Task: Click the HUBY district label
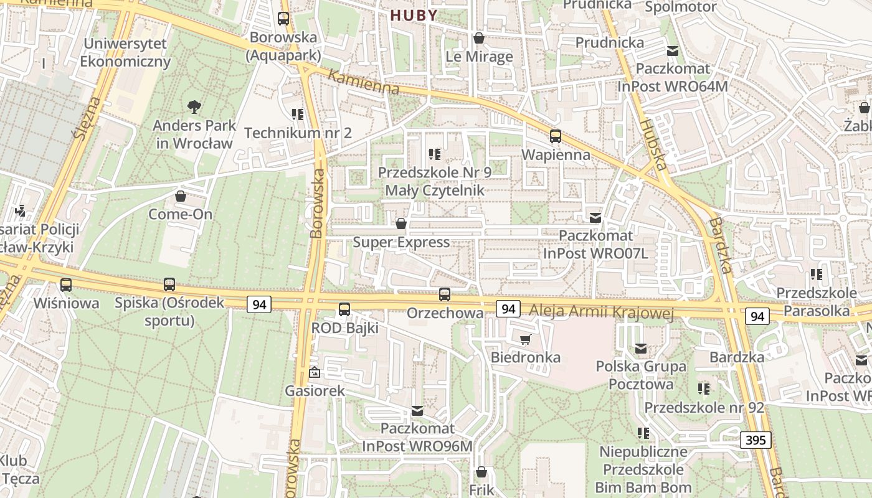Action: (x=414, y=16)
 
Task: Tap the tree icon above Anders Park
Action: (x=194, y=107)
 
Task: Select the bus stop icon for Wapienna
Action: (x=555, y=136)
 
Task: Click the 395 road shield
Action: (x=756, y=440)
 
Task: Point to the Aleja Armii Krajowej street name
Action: (x=601, y=311)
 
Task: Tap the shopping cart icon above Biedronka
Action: (x=525, y=339)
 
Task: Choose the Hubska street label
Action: (x=652, y=144)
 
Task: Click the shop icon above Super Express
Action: (x=401, y=223)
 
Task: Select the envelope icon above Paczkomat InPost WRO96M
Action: (x=417, y=411)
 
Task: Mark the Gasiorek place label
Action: (x=315, y=391)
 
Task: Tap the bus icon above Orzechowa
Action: (x=444, y=294)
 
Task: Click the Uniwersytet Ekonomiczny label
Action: (x=125, y=53)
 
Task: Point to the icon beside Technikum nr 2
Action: (x=298, y=114)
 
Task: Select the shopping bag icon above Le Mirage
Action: (x=479, y=38)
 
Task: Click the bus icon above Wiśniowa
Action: (x=66, y=285)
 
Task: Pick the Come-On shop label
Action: (x=180, y=214)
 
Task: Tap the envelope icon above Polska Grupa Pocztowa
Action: (x=640, y=349)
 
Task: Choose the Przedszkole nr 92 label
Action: (x=704, y=407)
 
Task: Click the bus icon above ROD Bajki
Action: (x=344, y=309)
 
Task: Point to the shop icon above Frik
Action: (x=481, y=472)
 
